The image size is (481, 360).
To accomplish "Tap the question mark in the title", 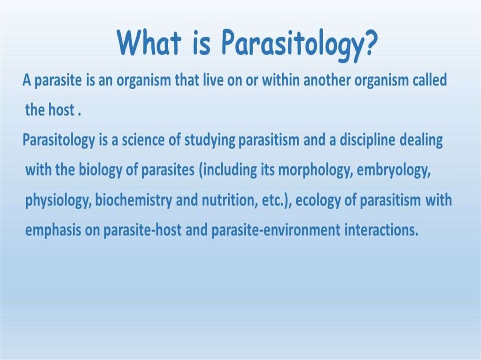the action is (368, 42).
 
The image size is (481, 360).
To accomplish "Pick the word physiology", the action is (58, 200).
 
